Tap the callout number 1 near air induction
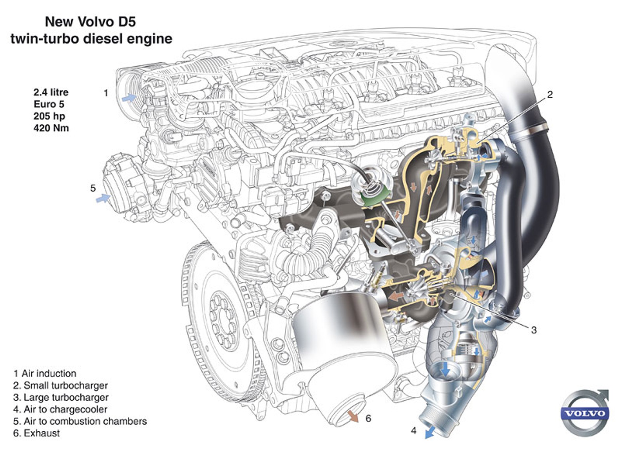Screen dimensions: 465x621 pyautogui.click(x=106, y=93)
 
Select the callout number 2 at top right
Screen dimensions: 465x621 pyautogui.click(x=550, y=95)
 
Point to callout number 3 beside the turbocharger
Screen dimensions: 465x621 pyautogui.click(x=533, y=330)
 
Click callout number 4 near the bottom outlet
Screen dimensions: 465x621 pyautogui.click(x=414, y=430)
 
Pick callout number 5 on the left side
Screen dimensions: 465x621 pyautogui.click(x=93, y=188)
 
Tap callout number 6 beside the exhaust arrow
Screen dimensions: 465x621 pyautogui.click(x=368, y=418)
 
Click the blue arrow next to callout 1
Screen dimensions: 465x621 pyautogui.click(x=129, y=98)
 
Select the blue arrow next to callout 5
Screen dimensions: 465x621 pyautogui.click(x=103, y=198)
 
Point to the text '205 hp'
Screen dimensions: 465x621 pyautogui.click(x=49, y=116)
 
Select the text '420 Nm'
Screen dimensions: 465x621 pyautogui.click(x=51, y=128)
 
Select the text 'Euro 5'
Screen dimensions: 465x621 pyautogui.click(x=49, y=104)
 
